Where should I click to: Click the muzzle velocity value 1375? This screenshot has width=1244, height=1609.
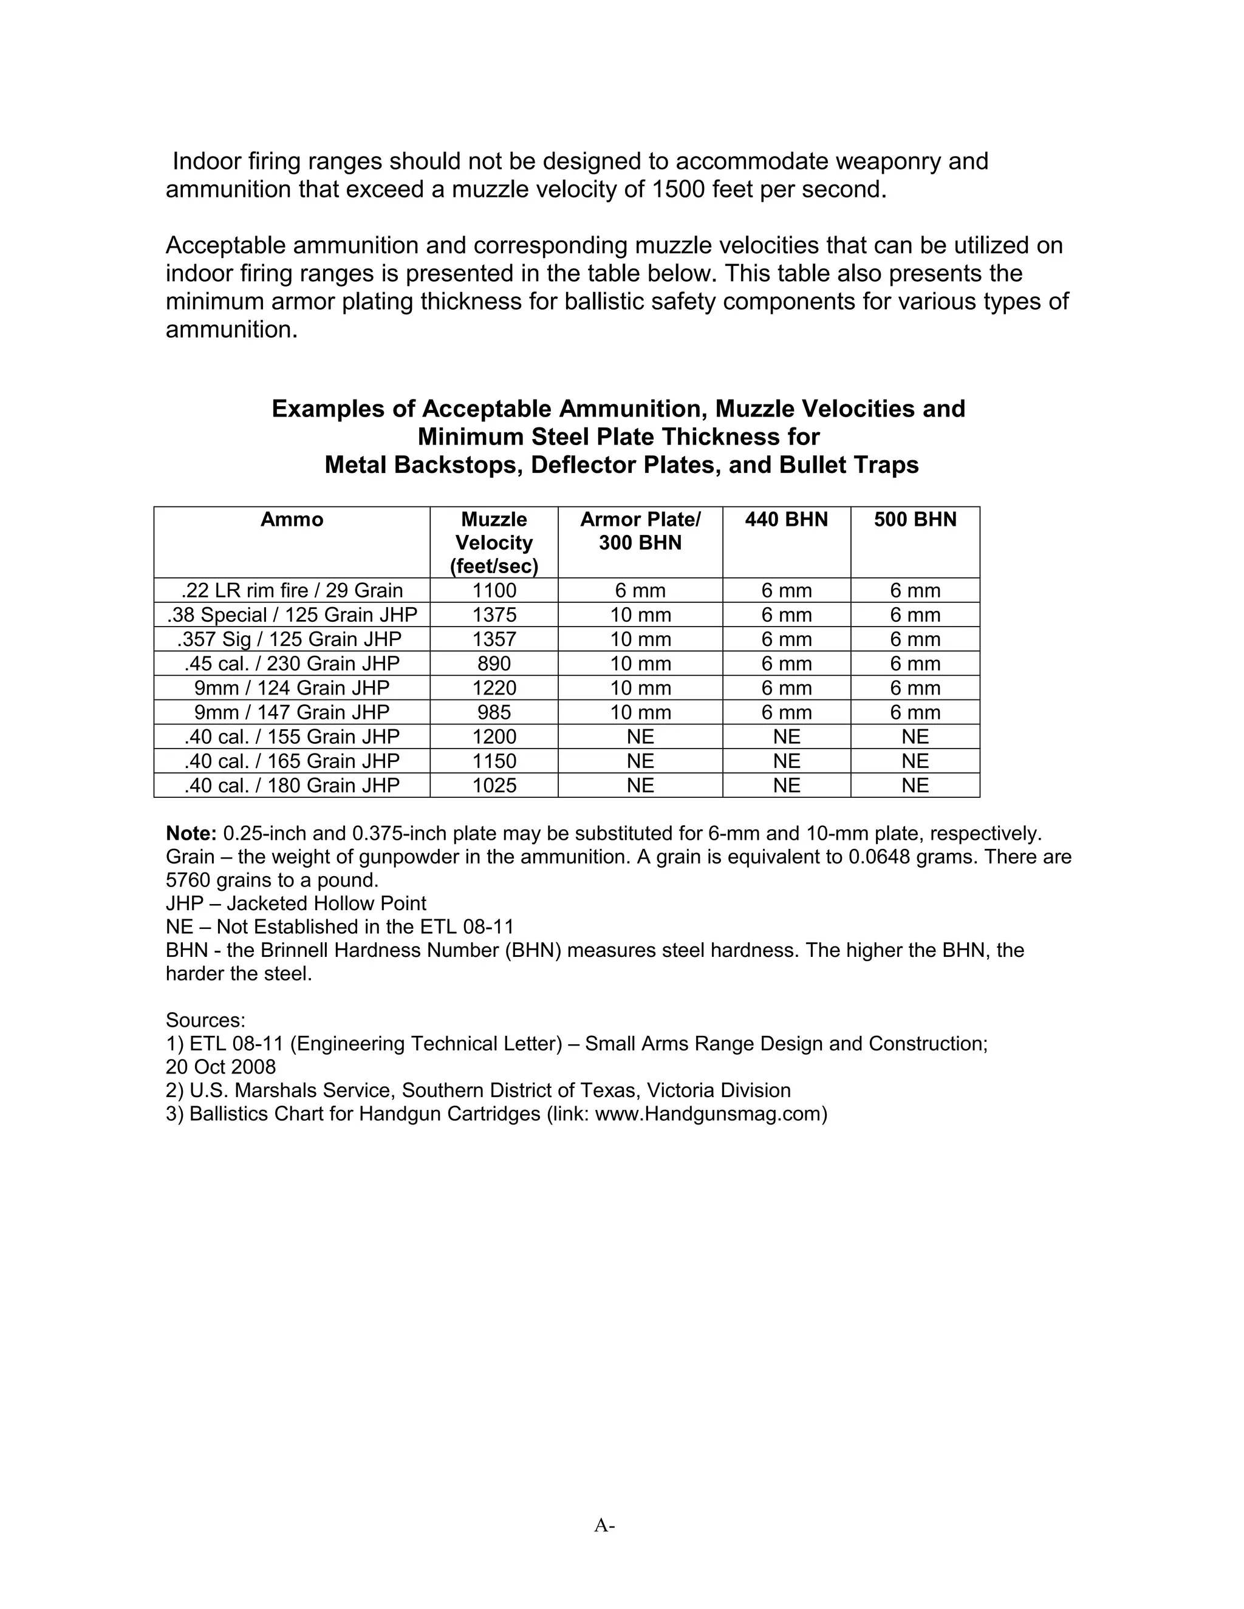(x=494, y=614)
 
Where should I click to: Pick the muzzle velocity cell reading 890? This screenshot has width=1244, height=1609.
(x=494, y=663)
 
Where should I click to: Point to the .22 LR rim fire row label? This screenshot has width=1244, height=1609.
(x=291, y=590)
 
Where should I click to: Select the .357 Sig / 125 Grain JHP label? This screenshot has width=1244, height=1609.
(x=291, y=639)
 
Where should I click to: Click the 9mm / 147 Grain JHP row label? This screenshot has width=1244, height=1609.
(x=291, y=712)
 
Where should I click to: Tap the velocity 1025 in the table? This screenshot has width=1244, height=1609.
(x=494, y=784)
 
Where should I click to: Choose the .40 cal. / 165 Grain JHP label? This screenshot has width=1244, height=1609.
(x=291, y=760)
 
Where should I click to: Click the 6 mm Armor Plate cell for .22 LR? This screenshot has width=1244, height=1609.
(x=640, y=590)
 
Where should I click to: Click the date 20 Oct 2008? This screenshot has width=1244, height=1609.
(x=220, y=1067)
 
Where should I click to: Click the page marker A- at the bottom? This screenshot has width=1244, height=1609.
(x=604, y=1525)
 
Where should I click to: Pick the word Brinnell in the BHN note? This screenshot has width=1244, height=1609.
(x=293, y=950)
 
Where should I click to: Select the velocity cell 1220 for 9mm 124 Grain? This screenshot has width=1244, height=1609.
(x=494, y=687)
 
